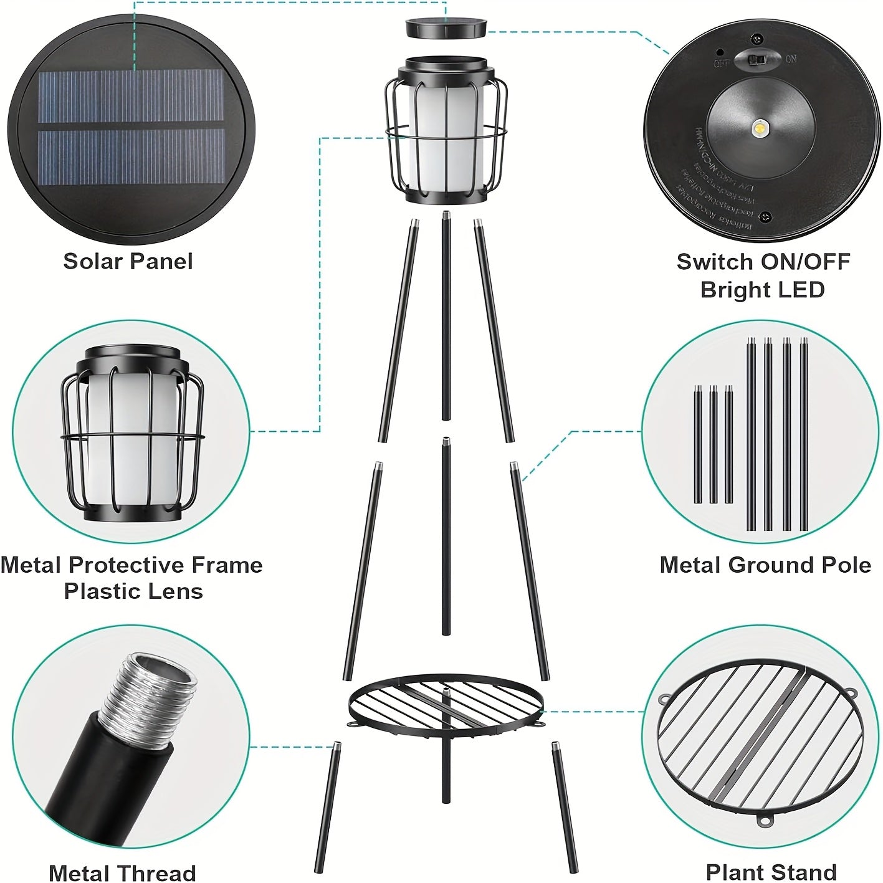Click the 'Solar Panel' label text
pyautogui.click(x=128, y=261)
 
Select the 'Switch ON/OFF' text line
pyautogui.click(x=763, y=262)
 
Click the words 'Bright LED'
pyautogui.click(x=763, y=290)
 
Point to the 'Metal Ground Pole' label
pyautogui.click(x=765, y=565)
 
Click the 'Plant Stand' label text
pyautogui.click(x=771, y=871)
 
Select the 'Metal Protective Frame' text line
pyautogui.click(x=131, y=565)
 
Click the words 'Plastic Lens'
pyautogui.click(x=133, y=591)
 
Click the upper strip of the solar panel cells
pyautogui.click(x=130, y=96)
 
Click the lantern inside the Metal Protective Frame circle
pyautogui.click(x=132, y=440)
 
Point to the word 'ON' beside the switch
pyautogui.click(x=790, y=59)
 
